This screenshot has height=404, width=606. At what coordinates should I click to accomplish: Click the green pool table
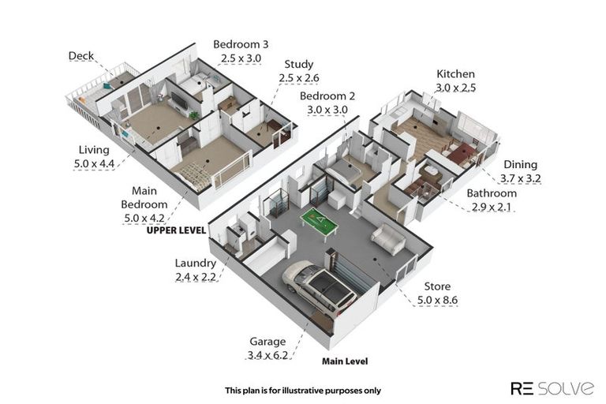click(319, 223)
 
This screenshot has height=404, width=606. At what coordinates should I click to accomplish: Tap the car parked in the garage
click(320, 287)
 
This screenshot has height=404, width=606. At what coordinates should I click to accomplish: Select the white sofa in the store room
click(388, 238)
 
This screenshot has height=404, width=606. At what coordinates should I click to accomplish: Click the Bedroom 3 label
click(241, 44)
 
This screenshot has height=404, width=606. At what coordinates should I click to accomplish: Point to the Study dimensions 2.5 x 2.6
click(299, 77)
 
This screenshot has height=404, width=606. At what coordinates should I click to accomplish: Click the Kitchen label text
click(455, 74)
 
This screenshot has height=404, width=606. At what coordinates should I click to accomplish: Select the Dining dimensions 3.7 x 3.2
click(520, 178)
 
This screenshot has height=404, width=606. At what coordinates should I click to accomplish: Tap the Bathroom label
click(492, 193)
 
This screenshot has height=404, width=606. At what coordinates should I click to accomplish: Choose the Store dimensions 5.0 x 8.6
click(437, 300)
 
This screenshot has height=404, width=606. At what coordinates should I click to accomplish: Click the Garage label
click(267, 342)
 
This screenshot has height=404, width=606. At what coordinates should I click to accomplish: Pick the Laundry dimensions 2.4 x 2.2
click(196, 277)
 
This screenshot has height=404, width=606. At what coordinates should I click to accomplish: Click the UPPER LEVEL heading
click(176, 230)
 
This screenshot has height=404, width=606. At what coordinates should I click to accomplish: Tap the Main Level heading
click(345, 361)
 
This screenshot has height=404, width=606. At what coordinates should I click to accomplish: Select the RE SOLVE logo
click(552, 387)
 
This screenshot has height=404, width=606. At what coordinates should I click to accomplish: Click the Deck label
click(80, 56)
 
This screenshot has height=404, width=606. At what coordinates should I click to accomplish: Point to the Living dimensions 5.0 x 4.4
click(94, 163)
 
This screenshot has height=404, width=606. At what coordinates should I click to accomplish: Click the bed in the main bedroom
click(194, 176)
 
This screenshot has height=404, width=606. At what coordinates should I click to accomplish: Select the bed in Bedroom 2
click(345, 170)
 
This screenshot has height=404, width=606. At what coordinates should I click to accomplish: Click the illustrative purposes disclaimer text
click(303, 391)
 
